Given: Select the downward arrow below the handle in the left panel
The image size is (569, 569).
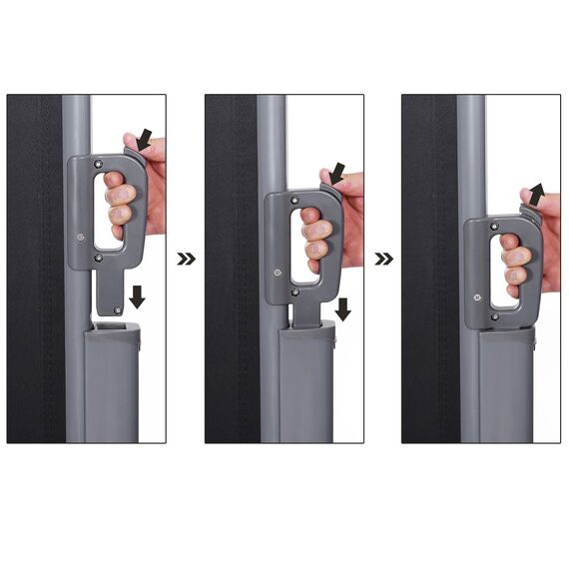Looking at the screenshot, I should tap(137, 296).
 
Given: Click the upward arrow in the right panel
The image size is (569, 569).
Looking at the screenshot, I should tap(537, 193).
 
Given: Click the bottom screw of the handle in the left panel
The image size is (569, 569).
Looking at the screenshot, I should tap(98, 258).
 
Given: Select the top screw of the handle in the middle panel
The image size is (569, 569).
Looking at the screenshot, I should tap(295, 201).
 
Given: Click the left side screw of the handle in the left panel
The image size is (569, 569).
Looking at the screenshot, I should tap(78, 237).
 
